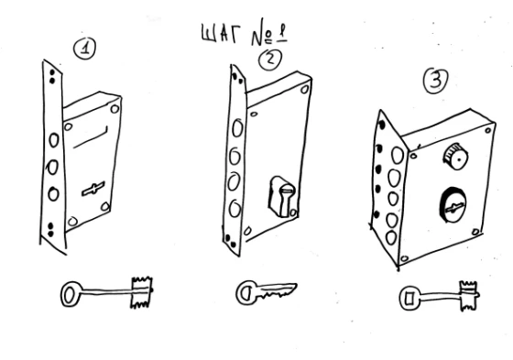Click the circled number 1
pyautogui.click(x=84, y=49)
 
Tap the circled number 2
pyautogui.click(x=270, y=60)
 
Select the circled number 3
pyautogui.click(x=436, y=81)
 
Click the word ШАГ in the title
pyautogui.click(x=221, y=34)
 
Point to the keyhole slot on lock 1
pyautogui.click(x=93, y=189)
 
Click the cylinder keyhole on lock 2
pyautogui.click(x=283, y=197)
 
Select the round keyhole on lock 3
pyautogui.click(x=453, y=205)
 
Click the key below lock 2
pyautogui.click(x=266, y=292)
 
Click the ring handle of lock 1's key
pyautogui.click(x=71, y=294)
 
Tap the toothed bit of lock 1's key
pyautogui.click(x=141, y=292)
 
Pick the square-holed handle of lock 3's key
pyautogui.click(x=409, y=298)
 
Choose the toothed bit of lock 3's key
pyautogui.click(x=468, y=296)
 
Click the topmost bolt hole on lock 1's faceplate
pyautogui.click(x=54, y=140)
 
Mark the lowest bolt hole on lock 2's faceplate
pyautogui.click(x=235, y=209)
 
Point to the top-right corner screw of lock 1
pyautogui.click(x=115, y=109)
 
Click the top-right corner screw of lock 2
pyautogui.click(x=305, y=89)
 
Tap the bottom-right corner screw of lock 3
pyautogui.click(x=476, y=232)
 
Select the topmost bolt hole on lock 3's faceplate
pyautogui.click(x=398, y=156)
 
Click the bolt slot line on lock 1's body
pyautogui.click(x=91, y=137)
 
